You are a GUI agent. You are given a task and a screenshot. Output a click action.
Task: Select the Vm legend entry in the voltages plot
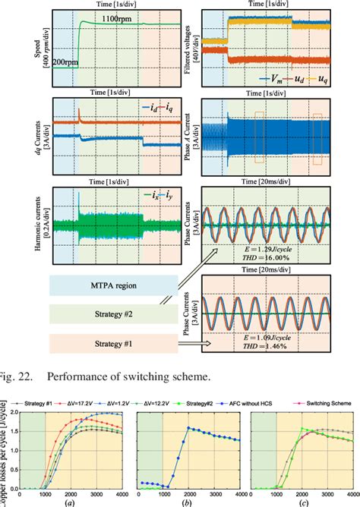click(271, 77)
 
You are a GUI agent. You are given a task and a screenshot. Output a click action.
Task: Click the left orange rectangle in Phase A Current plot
click(260, 137)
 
